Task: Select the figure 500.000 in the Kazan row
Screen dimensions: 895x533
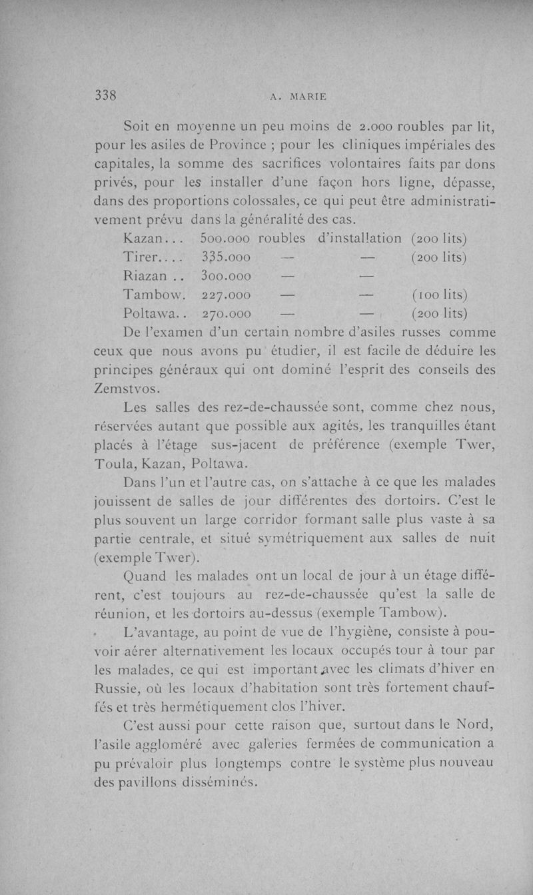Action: click(225, 238)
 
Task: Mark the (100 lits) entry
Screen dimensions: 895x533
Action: click(439, 294)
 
